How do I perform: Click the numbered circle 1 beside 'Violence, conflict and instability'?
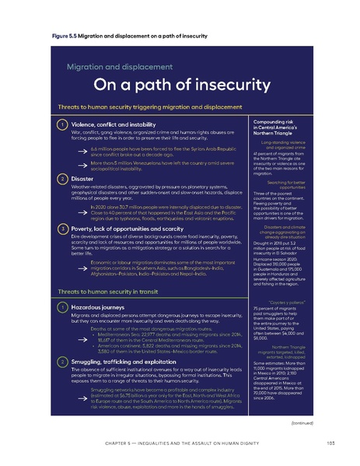coord(61,124)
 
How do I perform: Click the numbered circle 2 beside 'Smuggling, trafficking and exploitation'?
coord(61,363)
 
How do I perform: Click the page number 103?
coord(331,444)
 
